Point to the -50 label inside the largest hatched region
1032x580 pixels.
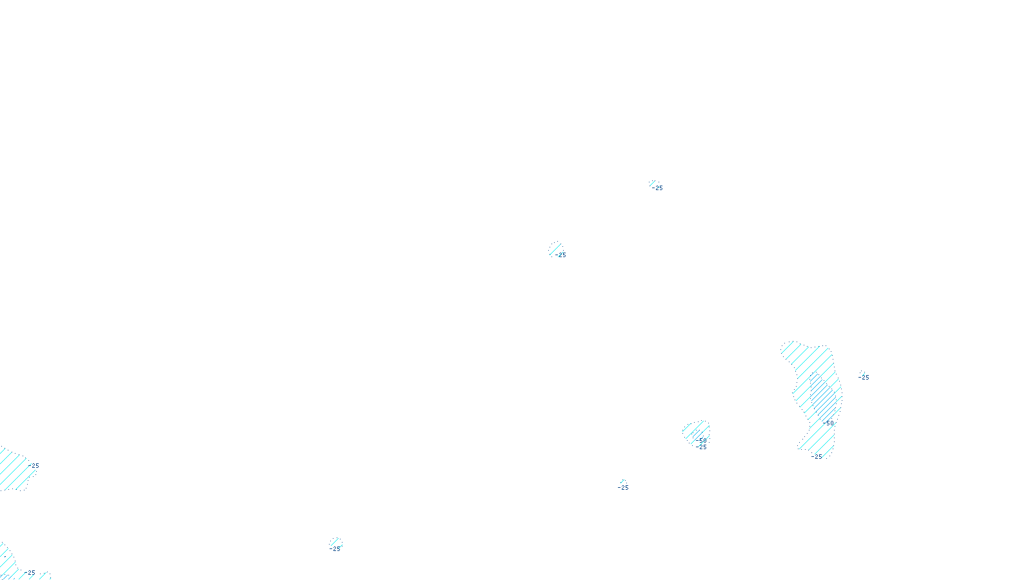(x=828, y=423)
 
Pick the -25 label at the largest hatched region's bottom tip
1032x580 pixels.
(x=817, y=457)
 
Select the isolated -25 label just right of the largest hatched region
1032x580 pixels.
(x=864, y=378)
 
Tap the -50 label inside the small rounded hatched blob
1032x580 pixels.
(x=702, y=440)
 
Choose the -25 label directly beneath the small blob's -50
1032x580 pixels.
(x=702, y=447)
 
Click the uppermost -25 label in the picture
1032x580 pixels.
(x=658, y=188)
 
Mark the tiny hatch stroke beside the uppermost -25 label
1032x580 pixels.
(x=652, y=184)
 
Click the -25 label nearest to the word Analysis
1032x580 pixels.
(x=623, y=488)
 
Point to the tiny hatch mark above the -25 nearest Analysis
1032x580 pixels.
(x=622, y=481)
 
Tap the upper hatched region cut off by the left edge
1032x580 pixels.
(x=14, y=469)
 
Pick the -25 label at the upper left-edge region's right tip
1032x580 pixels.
(x=34, y=466)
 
